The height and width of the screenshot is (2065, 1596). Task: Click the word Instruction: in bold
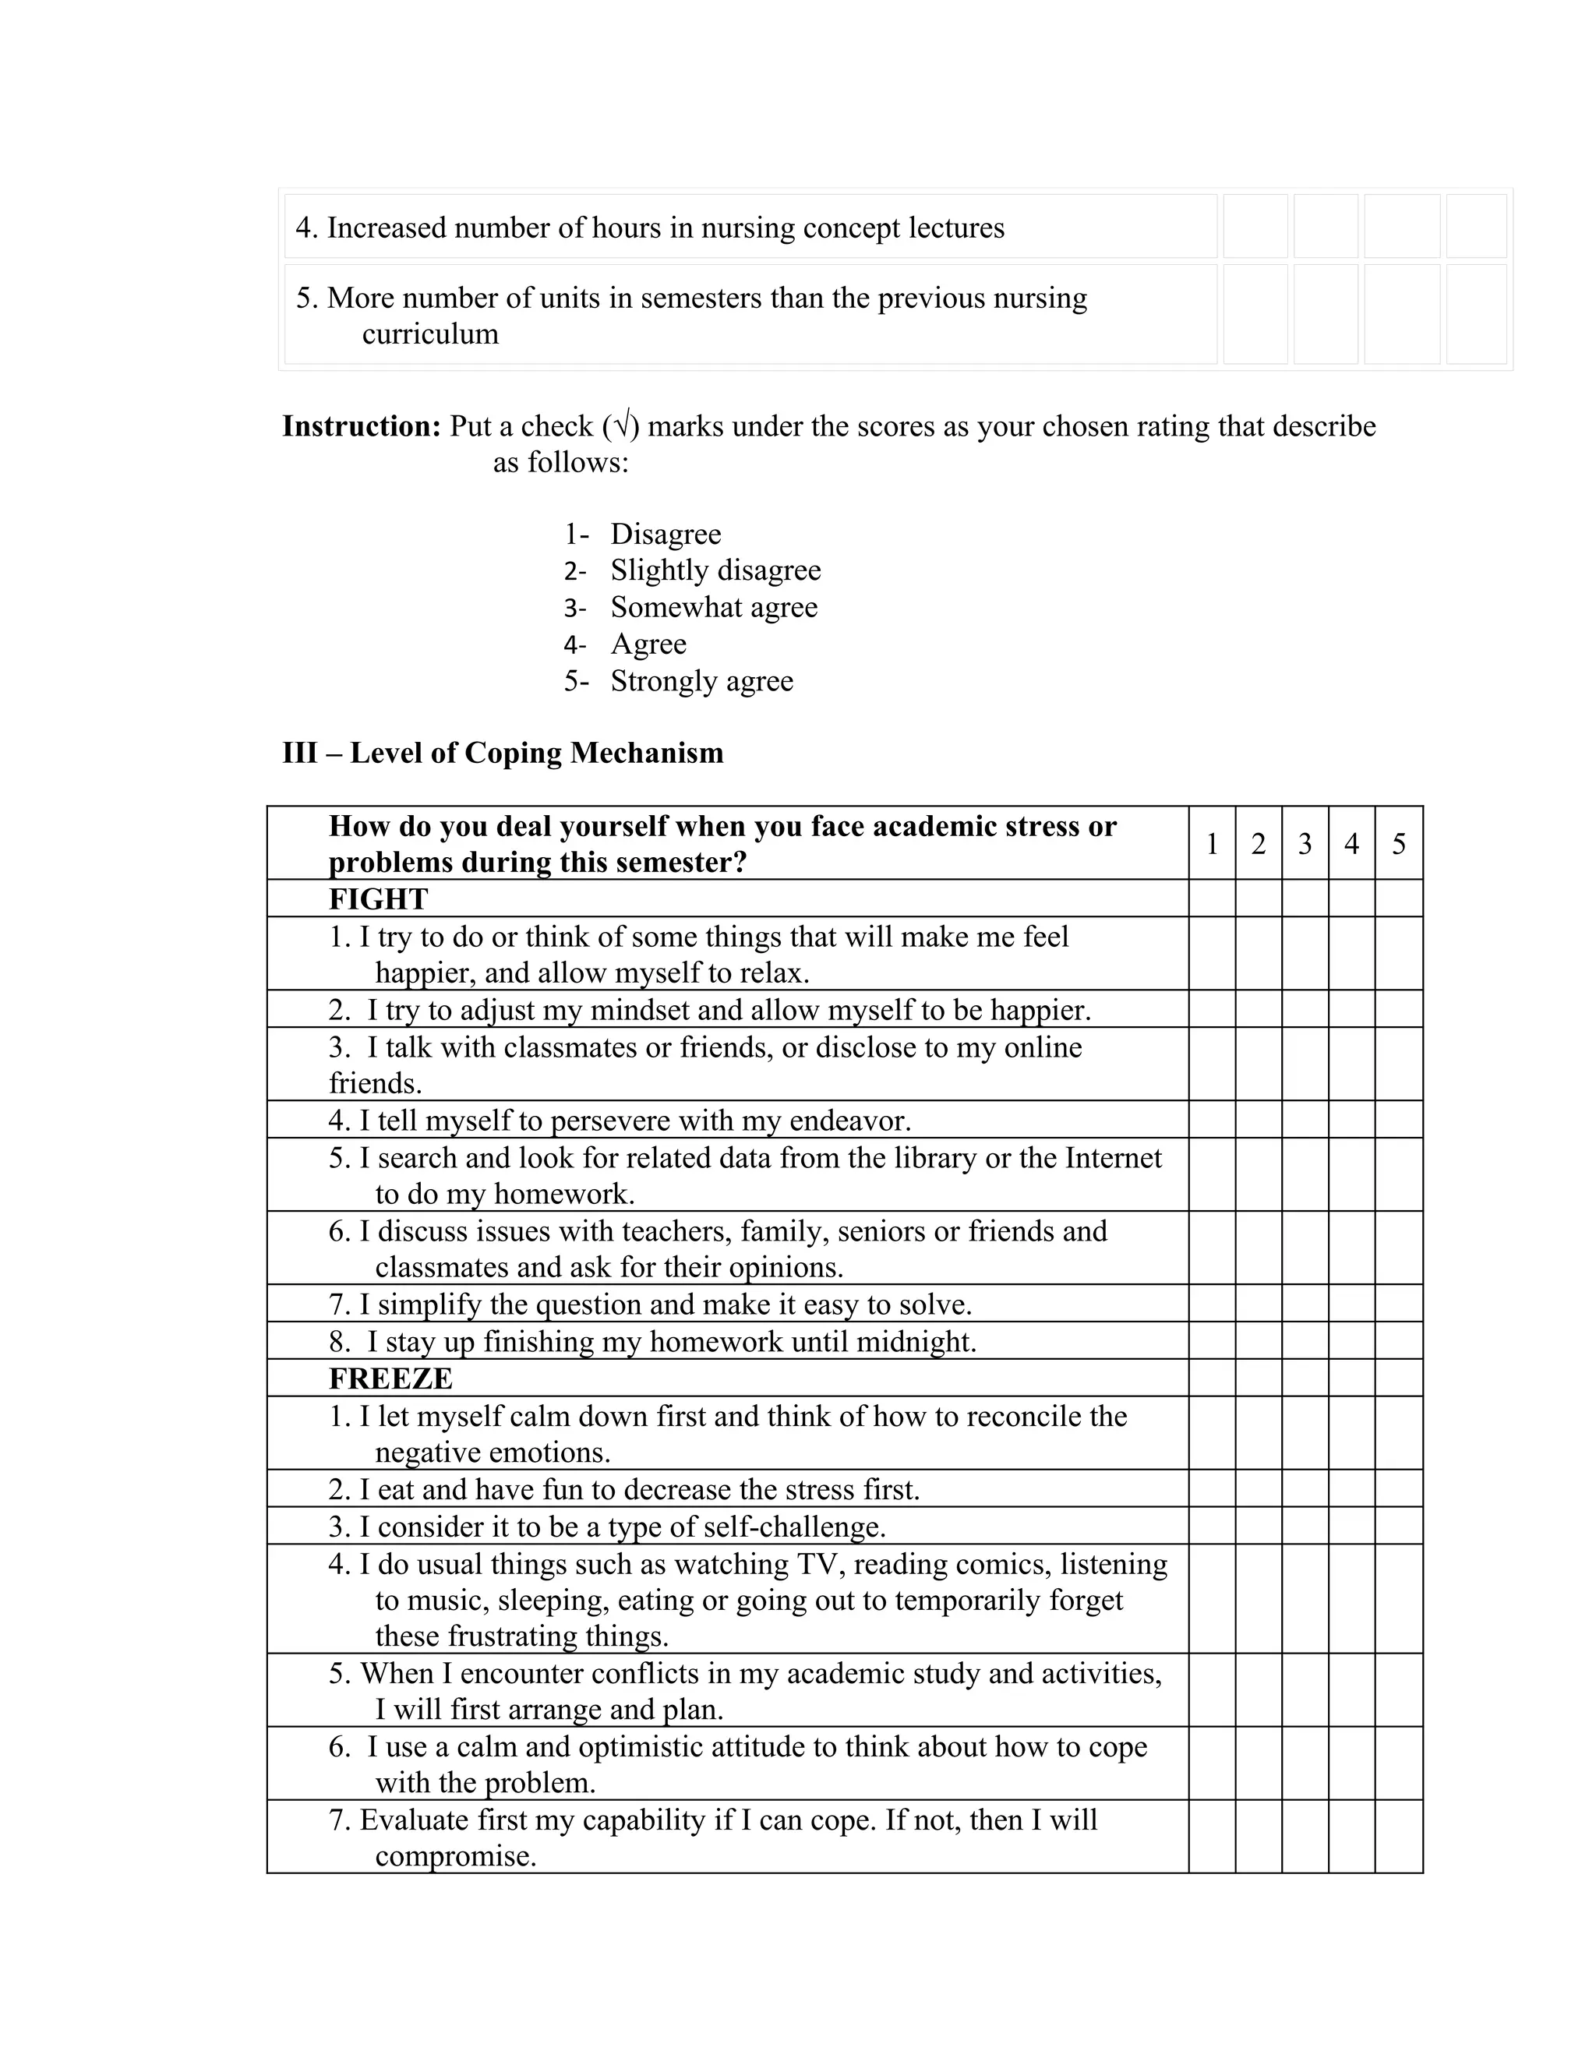coord(361,426)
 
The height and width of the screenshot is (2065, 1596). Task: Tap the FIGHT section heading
coord(378,898)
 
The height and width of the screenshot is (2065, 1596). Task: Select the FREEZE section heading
coord(390,1378)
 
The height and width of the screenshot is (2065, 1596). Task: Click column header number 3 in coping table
coord(1305,843)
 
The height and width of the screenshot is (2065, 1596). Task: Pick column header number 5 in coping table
coord(1398,843)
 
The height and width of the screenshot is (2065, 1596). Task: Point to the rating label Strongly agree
coord(701,681)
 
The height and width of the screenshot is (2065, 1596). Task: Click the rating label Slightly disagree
coord(715,570)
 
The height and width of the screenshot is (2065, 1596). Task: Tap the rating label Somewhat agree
coord(714,607)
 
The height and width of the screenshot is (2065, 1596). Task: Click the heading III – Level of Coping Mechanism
coord(502,753)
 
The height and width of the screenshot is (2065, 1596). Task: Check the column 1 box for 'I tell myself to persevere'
coord(1212,1120)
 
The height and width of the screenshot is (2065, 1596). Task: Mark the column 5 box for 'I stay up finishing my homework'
coord(1398,1341)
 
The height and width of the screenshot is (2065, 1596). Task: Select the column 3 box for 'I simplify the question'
coord(1305,1304)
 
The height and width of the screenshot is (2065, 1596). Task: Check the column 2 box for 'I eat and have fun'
coord(1259,1488)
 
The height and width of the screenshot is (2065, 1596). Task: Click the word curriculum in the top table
coord(430,334)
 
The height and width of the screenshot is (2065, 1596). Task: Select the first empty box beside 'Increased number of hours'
coord(1255,227)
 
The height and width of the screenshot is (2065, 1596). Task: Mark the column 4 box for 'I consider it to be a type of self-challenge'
coord(1351,1526)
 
